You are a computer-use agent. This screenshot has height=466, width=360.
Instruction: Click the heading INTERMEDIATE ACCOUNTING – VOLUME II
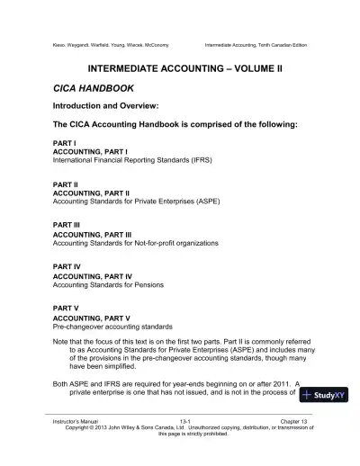180,68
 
